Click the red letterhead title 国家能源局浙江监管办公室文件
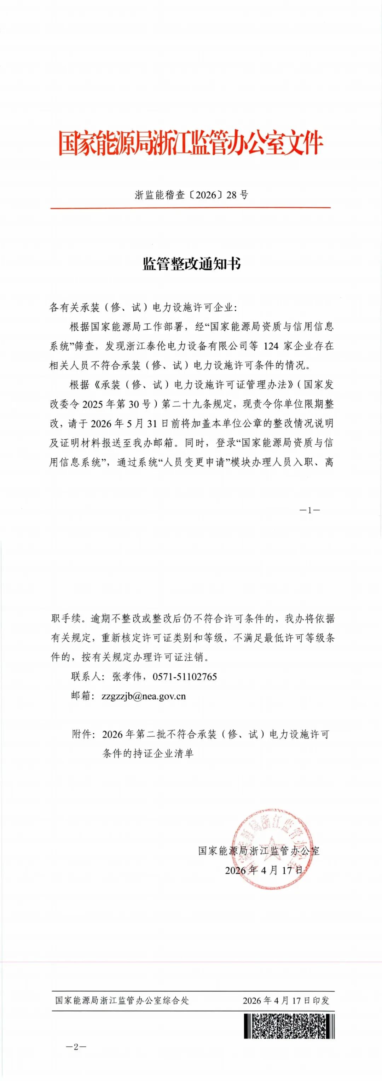click(190, 144)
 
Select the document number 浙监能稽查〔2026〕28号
click(191, 195)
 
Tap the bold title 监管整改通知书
click(191, 264)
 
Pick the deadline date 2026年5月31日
click(123, 423)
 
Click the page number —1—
click(310, 510)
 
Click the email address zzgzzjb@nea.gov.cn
click(144, 696)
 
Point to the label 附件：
click(85, 734)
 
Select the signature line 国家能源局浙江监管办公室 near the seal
click(259, 851)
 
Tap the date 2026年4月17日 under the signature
click(264, 870)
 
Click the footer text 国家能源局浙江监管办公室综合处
click(122, 1000)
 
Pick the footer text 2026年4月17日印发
click(286, 1000)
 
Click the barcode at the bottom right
click(289, 1026)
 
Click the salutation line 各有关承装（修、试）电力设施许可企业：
click(143, 308)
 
